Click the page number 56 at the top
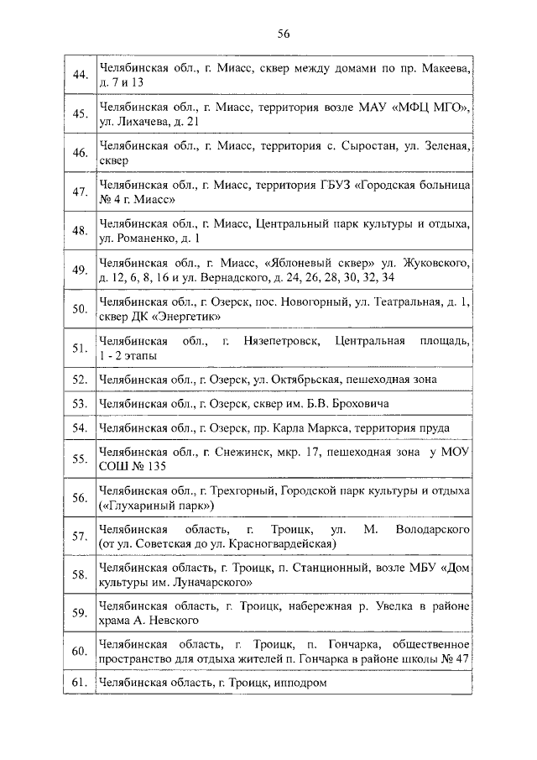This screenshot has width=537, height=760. pyautogui.click(x=283, y=34)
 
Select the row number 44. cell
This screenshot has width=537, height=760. pyautogui.click(x=81, y=75)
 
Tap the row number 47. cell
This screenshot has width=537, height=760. pyautogui.click(x=81, y=191)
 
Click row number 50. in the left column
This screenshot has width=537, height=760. pyautogui.click(x=81, y=308)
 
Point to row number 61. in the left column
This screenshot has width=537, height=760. pyautogui.click(x=81, y=684)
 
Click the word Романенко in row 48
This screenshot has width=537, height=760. pyautogui.click(x=135, y=238)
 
